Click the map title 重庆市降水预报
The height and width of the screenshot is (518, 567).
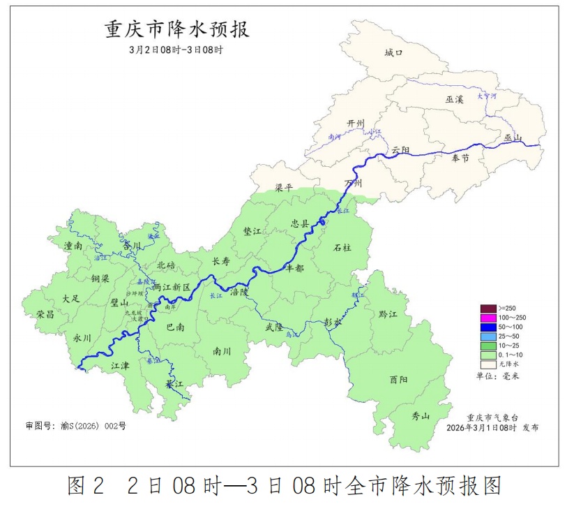177,31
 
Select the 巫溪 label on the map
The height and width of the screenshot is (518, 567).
454,100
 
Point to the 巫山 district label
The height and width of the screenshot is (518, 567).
513,138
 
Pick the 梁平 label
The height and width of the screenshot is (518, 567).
284,188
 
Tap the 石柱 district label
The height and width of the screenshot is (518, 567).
342,247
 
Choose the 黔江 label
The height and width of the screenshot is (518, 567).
387,315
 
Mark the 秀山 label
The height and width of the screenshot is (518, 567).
421,416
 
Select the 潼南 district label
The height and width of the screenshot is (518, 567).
73,246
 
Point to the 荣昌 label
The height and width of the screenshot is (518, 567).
46,314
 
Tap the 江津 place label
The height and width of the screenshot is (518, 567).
119,365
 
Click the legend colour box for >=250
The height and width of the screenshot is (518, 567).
487,309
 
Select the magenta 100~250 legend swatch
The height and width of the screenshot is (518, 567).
487,318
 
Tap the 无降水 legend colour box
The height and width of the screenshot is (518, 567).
487,364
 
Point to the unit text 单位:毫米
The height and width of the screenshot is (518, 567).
497,376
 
